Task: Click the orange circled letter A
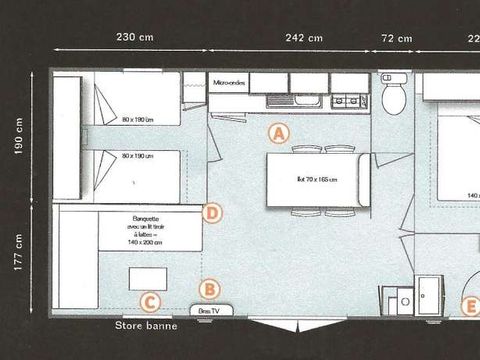point(279,131)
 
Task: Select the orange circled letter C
point(149,301)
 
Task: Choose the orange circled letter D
point(211,212)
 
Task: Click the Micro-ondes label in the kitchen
point(228,81)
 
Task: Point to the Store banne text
point(146,325)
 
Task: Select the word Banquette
point(132,218)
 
